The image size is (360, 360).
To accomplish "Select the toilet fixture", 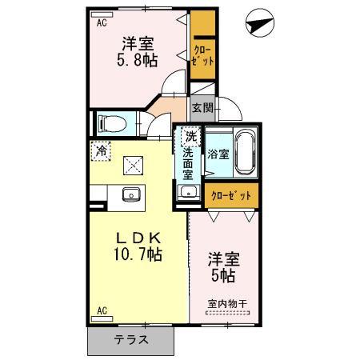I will [111, 123].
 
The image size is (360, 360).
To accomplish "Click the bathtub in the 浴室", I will [245, 151].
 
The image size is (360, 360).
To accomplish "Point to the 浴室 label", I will [217, 152].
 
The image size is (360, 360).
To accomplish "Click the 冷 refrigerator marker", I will [102, 148].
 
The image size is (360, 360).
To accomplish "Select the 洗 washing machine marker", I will [190, 136].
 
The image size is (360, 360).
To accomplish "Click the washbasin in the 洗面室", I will [188, 191].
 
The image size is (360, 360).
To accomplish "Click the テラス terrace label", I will [130, 338].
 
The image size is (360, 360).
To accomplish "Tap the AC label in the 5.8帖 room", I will [102, 22].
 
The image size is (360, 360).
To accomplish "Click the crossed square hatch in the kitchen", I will [131, 166].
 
